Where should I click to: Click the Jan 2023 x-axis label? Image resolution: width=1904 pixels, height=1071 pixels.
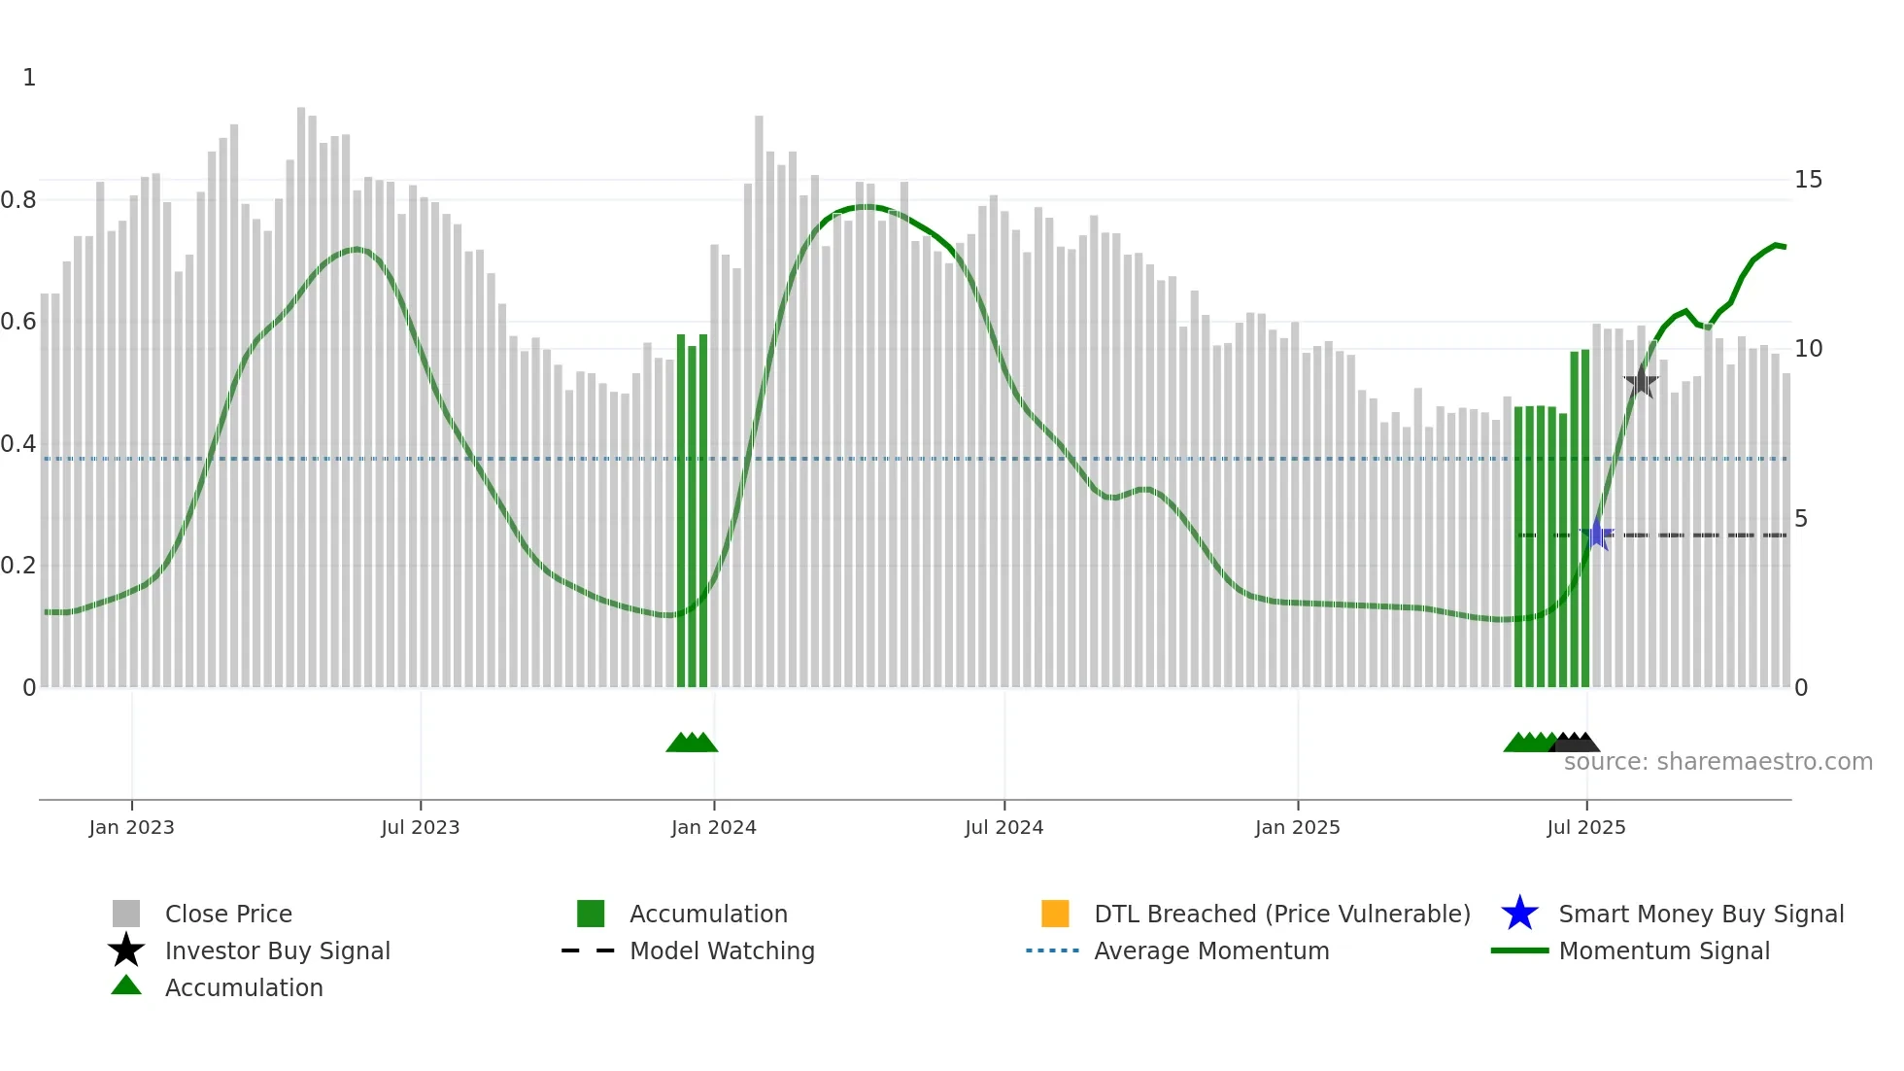[131, 827]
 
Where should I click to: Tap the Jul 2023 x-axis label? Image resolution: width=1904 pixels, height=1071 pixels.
[420, 827]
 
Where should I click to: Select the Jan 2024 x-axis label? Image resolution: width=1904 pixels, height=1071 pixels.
[713, 827]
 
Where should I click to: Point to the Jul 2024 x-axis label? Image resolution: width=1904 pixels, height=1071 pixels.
[1003, 827]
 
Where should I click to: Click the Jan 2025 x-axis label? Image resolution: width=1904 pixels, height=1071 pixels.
[1297, 827]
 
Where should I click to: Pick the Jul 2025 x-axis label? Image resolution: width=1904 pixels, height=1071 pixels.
[1585, 827]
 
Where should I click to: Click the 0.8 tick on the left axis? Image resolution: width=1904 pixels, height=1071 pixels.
[18, 200]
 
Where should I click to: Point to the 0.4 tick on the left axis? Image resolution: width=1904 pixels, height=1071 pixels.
[18, 444]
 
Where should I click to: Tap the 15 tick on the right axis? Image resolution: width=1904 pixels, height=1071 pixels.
[1808, 180]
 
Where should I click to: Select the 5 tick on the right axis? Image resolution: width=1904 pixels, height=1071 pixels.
[1801, 519]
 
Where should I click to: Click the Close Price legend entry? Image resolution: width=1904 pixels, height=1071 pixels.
[228, 914]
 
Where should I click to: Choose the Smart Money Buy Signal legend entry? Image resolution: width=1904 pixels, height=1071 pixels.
[1700, 914]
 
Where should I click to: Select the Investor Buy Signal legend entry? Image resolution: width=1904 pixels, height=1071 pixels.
[277, 950]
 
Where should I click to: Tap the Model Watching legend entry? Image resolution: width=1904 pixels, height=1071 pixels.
[722, 950]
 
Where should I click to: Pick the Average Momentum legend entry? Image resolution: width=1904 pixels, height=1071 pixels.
[1211, 950]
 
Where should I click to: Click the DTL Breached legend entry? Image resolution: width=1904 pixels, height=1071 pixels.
[1281, 914]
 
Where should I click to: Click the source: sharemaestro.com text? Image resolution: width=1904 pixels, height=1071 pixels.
[1717, 761]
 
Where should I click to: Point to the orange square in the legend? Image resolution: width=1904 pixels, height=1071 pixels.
[1055, 914]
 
